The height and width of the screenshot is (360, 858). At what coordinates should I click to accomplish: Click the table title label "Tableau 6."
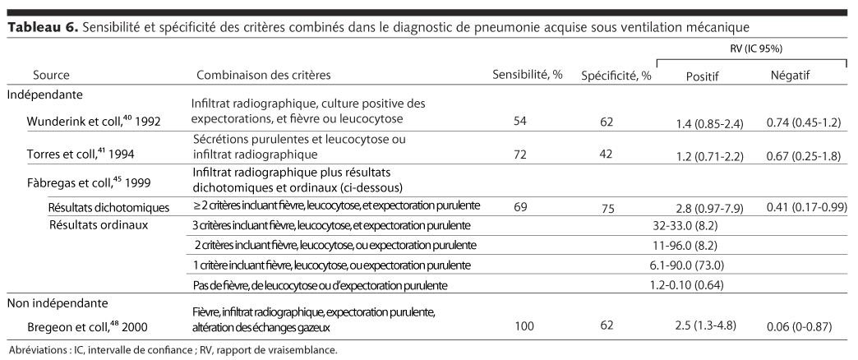click(42, 29)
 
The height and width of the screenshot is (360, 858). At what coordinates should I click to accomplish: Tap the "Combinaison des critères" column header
click(264, 76)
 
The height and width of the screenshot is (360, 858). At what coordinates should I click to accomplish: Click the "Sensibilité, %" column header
click(527, 76)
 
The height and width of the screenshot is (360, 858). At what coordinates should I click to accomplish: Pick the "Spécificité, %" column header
click(616, 76)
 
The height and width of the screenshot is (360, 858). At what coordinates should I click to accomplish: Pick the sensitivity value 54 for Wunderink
click(519, 122)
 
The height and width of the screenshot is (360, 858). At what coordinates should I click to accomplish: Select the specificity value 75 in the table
click(607, 209)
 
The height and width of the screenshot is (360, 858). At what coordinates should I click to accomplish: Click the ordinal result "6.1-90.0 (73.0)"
click(691, 265)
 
